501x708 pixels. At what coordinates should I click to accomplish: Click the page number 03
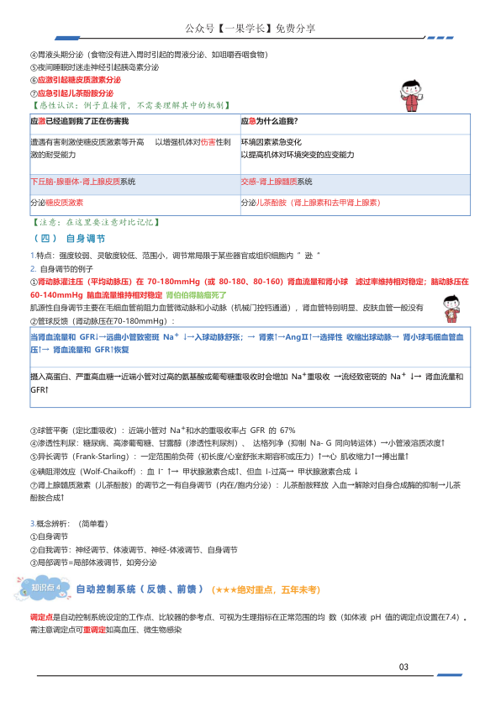coord(403,667)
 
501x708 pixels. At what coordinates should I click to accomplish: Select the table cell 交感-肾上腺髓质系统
coord(277,182)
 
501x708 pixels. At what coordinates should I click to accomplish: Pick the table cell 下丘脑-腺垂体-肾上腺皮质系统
coord(83,182)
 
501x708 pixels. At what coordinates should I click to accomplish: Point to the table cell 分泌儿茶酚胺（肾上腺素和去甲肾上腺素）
coord(310,203)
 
